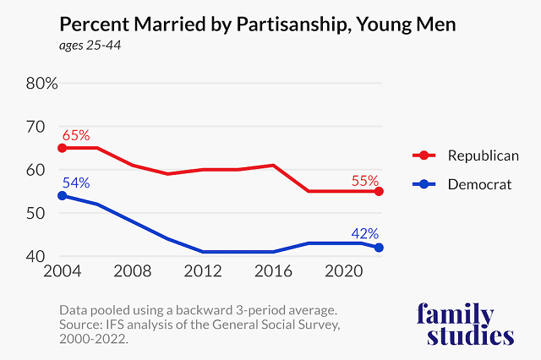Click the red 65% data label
pyautogui.click(x=74, y=134)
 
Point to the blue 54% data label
pyautogui.click(x=74, y=183)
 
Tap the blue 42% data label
pyautogui.click(x=365, y=234)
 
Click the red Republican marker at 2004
pyautogui.click(x=62, y=148)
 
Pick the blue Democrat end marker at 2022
pyautogui.click(x=380, y=248)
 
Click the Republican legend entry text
pyautogui.click(x=483, y=155)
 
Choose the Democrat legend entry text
pyautogui.click(x=479, y=183)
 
